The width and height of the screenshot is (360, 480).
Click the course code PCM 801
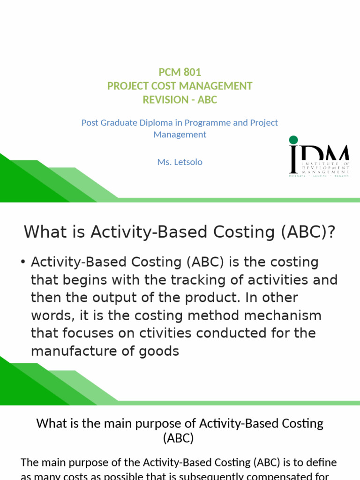pos(180,72)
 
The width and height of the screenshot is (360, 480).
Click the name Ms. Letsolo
pos(180,162)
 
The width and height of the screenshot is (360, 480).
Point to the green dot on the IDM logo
pos(293,140)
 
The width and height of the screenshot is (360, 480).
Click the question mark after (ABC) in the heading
pos(332,232)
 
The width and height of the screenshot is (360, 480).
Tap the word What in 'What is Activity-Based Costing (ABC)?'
pos(45,232)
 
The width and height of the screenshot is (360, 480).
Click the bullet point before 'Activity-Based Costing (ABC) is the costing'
pos(23,262)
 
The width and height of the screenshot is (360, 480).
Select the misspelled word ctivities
pos(165,333)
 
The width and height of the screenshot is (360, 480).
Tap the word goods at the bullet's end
pos(159,351)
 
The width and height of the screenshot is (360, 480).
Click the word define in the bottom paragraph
pos(321,463)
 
